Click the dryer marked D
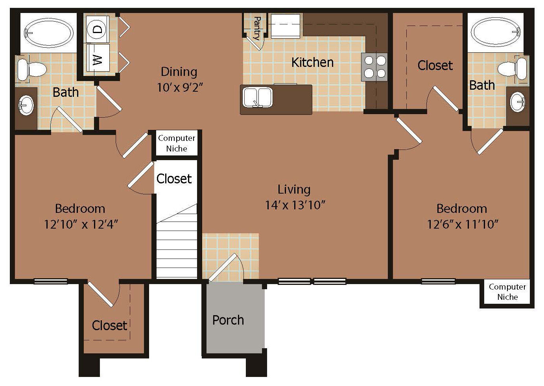(x=98, y=30)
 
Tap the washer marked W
(x=98, y=58)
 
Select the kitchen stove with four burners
(x=374, y=67)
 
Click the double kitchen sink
(x=258, y=98)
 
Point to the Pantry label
(x=256, y=28)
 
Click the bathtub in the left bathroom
(x=48, y=33)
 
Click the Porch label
(x=228, y=320)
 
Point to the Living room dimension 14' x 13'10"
(x=295, y=205)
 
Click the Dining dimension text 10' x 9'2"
(x=180, y=87)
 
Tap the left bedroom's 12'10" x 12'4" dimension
(x=81, y=224)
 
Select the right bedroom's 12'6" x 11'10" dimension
(x=463, y=224)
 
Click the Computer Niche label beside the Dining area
(x=177, y=143)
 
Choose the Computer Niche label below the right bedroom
(x=507, y=292)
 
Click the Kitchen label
(x=312, y=63)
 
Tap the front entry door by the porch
(x=223, y=268)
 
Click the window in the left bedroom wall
(x=51, y=281)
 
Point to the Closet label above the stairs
(x=174, y=179)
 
